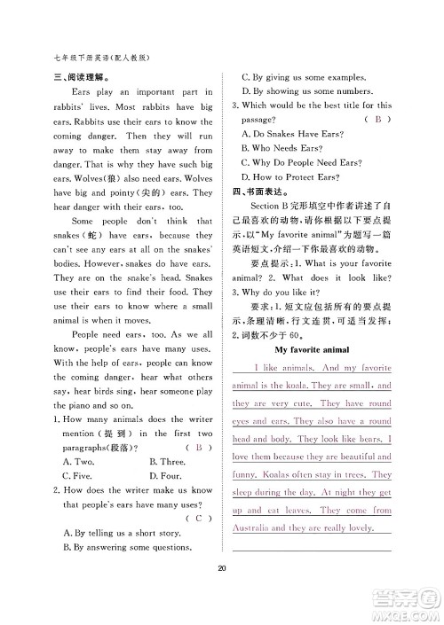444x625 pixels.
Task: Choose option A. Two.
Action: [79, 461]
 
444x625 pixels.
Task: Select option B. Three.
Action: [167, 461]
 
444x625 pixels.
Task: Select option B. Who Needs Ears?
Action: [283, 148]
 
